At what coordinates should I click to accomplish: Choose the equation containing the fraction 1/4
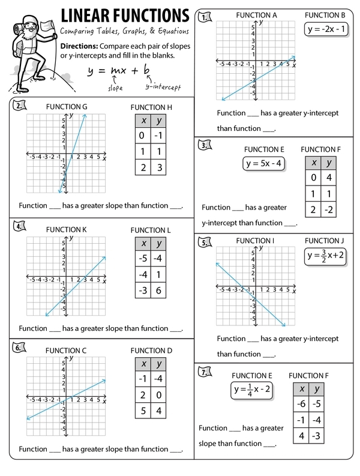253,389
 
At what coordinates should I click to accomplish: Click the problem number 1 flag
207,17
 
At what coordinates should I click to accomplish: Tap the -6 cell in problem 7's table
301,404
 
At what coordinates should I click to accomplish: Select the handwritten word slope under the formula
115,88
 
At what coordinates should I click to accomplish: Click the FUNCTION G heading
67,107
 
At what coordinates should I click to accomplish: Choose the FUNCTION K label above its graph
67,229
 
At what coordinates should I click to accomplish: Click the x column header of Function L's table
143,244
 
